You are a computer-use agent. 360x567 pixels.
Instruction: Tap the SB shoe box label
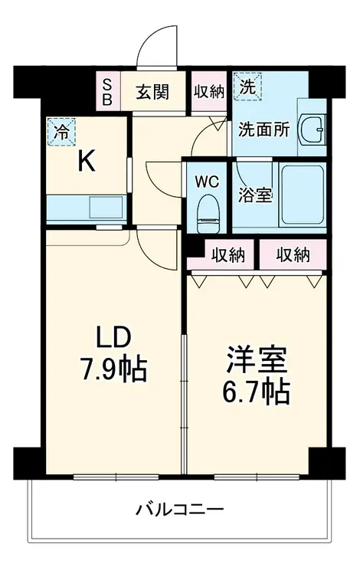[x=107, y=91]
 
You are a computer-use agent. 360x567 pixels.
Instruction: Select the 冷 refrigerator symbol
[x=61, y=131]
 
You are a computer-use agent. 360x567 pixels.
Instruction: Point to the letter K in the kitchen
[x=86, y=161]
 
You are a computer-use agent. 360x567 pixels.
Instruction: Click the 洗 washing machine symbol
[x=247, y=87]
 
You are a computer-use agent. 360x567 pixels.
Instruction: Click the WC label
[x=207, y=182]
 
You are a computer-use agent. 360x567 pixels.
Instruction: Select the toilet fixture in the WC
[x=208, y=210]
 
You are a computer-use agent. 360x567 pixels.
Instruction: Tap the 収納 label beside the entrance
[x=208, y=91]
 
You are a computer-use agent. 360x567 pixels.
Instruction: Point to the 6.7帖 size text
[x=257, y=392]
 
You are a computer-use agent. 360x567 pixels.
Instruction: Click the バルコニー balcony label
[x=179, y=509]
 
